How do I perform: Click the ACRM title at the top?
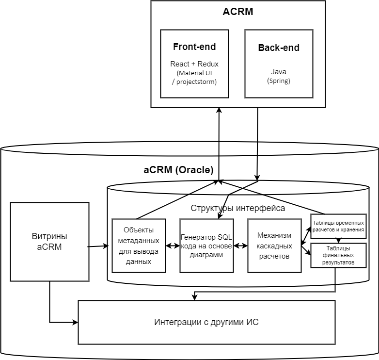point(238,12)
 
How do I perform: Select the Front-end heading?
point(194,47)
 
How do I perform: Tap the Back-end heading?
point(279,48)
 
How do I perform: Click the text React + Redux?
point(194,64)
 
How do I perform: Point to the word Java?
point(279,72)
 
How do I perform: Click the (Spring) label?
point(279,81)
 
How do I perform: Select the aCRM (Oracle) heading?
point(178,170)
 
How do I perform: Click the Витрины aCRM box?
point(49,242)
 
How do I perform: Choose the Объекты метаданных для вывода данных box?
point(138,245)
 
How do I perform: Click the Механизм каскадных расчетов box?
point(274,245)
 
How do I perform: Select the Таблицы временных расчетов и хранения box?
point(338,226)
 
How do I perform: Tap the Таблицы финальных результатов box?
point(338,255)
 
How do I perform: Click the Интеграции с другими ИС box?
point(206,322)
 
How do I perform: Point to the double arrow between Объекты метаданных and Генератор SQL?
point(173,245)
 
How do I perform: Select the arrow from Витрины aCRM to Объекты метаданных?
point(99,246)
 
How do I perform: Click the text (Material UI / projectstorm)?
point(194,77)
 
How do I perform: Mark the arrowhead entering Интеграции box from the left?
point(76,322)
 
